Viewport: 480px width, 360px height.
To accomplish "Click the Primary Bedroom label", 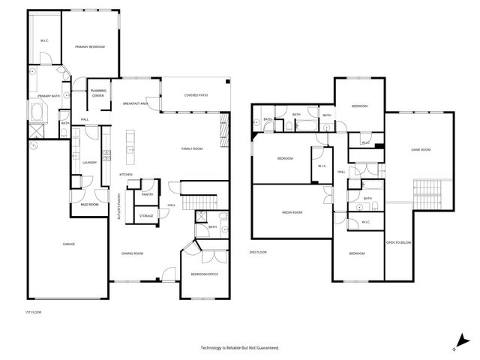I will pyautogui.click(x=89, y=47).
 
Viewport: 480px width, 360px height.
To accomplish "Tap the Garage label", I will pyautogui.click(x=68, y=244).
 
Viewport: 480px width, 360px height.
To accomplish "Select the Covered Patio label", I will pyautogui.click(x=196, y=95).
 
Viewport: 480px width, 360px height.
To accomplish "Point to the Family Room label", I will pyautogui.click(x=192, y=148).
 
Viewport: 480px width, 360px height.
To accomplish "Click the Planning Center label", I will pyautogui.click(x=98, y=94).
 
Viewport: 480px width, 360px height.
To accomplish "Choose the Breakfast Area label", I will pyautogui.click(x=136, y=103).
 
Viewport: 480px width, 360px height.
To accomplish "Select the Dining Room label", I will pyautogui.click(x=132, y=253).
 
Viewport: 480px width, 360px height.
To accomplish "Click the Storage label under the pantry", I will pyautogui.click(x=146, y=216).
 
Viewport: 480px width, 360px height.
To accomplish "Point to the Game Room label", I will pyautogui.click(x=420, y=150).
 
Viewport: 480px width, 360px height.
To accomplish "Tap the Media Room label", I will pyautogui.click(x=292, y=212).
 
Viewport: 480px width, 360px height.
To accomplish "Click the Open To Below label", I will pyautogui.click(x=397, y=242).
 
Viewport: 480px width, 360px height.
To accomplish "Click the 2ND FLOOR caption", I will pyautogui.click(x=258, y=252).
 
